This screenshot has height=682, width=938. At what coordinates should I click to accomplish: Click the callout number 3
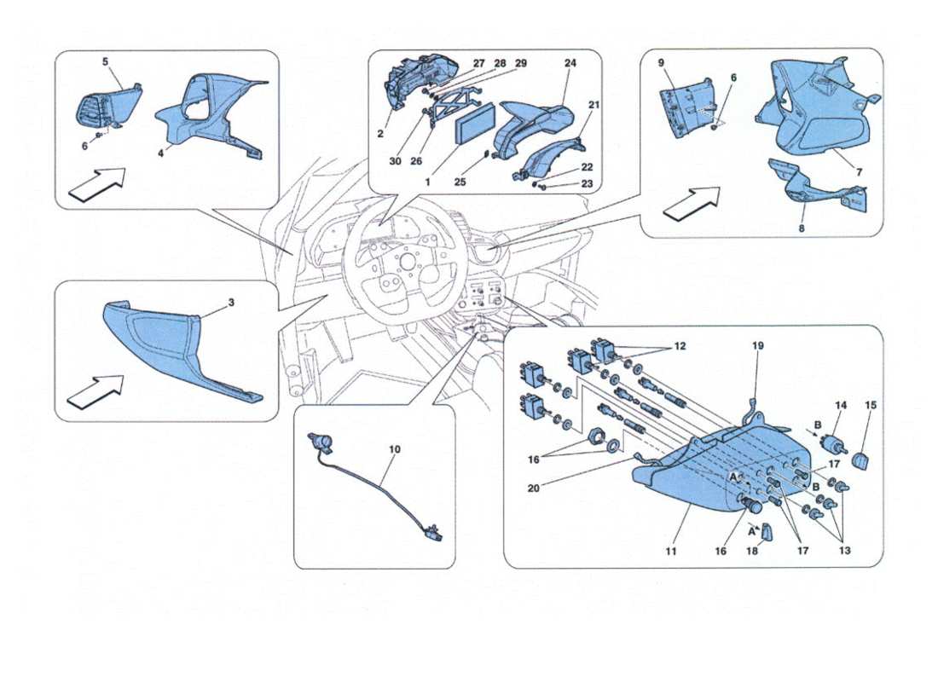point(207,303)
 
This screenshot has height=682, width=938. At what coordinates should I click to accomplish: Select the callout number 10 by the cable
point(394,448)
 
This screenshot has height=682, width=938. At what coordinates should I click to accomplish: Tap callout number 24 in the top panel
point(570,63)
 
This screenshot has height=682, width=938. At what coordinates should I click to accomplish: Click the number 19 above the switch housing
point(758,346)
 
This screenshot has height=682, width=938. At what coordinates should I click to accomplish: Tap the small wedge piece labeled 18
point(765,532)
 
